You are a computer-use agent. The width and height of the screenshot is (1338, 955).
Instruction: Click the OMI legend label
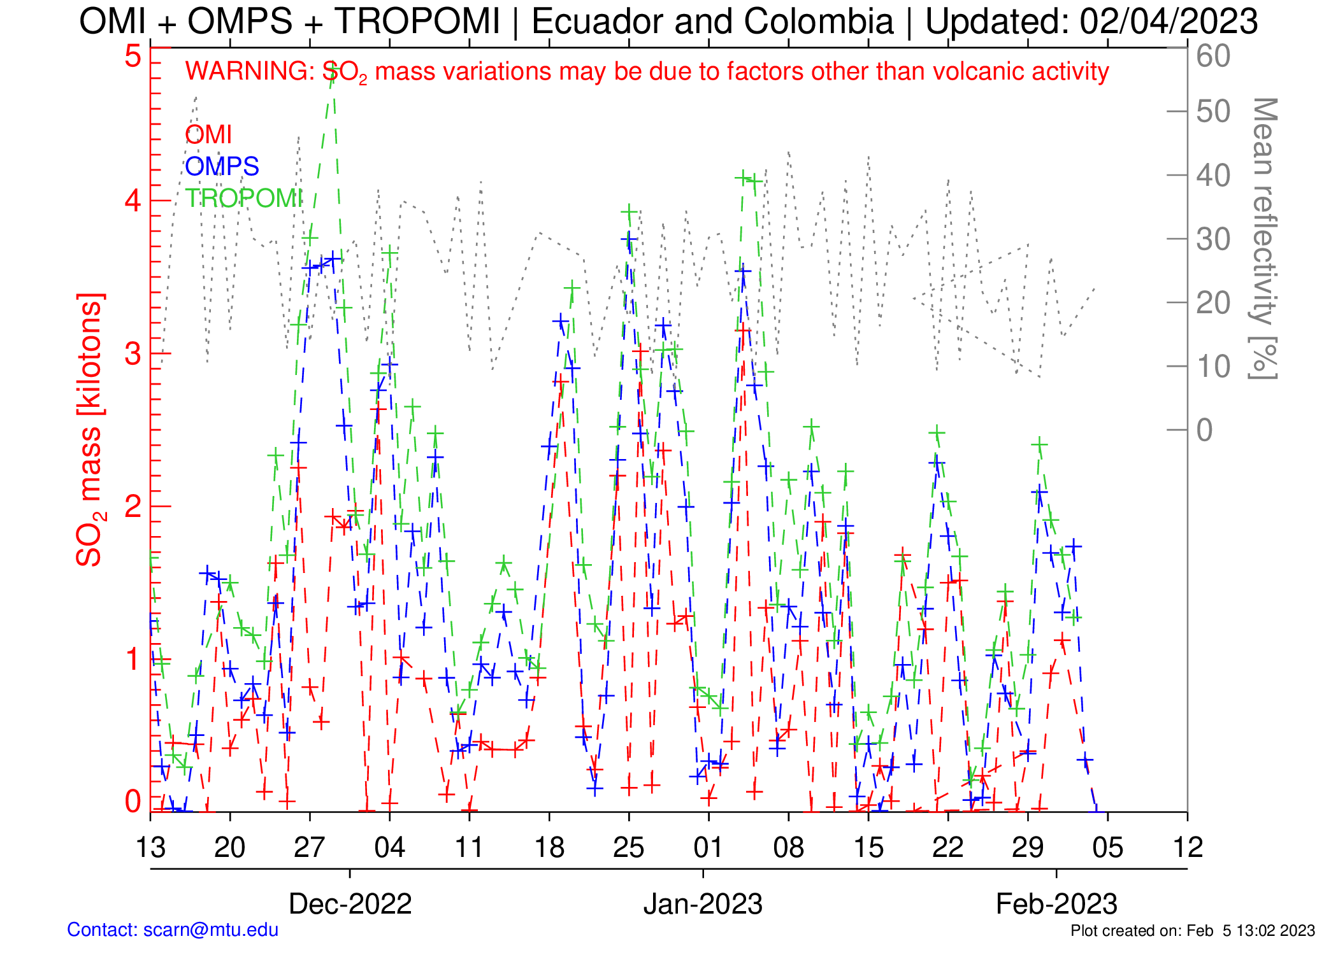coord(208,135)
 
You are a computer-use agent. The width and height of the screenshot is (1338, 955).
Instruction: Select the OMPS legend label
coord(222,167)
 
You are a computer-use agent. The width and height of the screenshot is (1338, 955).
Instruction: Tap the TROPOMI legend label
coord(243,199)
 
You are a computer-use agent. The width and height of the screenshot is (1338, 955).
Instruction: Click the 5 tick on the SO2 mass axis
coord(133,56)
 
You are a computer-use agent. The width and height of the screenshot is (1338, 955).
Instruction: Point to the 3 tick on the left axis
coord(133,354)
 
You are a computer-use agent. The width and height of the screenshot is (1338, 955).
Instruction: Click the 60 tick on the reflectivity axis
coord(1212,56)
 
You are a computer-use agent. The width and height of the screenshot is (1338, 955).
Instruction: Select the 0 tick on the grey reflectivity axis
coord(1204,430)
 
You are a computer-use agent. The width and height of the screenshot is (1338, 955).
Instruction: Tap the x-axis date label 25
coord(628,848)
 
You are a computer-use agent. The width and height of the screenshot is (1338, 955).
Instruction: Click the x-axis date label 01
coord(708,848)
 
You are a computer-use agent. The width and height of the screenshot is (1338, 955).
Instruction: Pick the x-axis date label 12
coord(1187,848)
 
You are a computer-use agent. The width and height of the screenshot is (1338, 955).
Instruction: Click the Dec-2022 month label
coord(350,904)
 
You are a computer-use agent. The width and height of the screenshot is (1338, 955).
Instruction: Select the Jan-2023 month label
coord(703,904)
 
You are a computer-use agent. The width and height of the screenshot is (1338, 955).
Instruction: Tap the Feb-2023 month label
coord(1056,904)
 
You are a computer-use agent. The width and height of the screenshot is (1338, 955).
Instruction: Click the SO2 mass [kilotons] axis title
coord(89,430)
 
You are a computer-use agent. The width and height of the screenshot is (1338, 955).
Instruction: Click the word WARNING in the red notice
coord(247,71)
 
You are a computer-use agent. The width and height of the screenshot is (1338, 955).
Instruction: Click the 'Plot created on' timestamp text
coord(1192,931)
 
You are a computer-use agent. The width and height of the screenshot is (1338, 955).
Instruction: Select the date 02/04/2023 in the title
coord(1169,22)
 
